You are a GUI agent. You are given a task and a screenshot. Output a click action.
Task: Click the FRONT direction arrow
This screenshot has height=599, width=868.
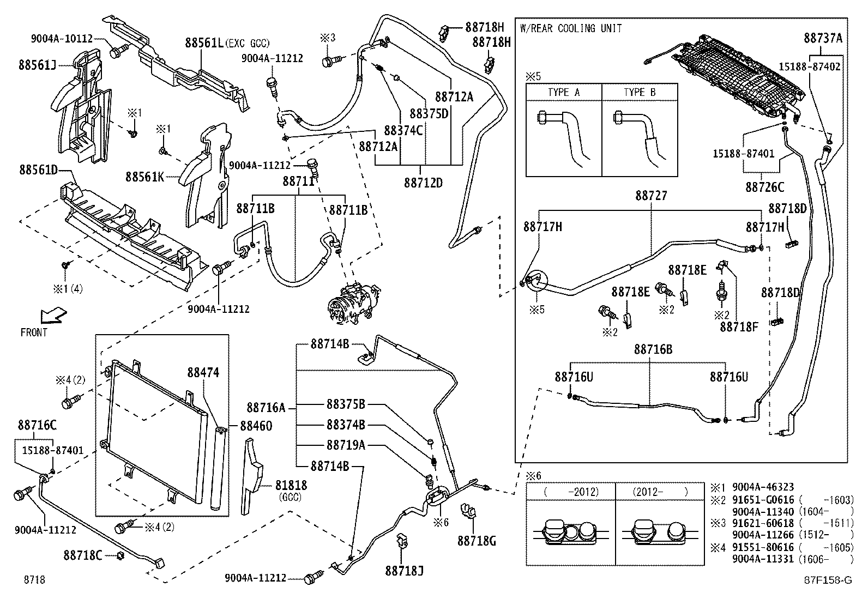coord(53,315)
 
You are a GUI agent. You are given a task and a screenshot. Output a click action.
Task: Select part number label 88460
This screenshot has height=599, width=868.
coord(256,426)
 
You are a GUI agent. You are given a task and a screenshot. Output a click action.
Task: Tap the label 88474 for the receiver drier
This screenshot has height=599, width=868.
coord(203,372)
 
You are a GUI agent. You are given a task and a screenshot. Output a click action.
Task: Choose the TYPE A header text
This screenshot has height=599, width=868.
coord(564,92)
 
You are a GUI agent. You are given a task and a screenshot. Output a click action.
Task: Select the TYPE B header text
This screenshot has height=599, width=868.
coord(640,92)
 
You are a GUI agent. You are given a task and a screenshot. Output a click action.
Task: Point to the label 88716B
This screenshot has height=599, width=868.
coord(653,349)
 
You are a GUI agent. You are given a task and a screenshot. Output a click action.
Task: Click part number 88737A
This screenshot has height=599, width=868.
coord(823,38)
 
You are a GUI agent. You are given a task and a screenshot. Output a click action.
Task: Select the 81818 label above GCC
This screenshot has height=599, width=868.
coord(291,485)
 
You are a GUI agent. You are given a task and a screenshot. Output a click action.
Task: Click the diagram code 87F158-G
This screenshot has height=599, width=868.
coord(827,580)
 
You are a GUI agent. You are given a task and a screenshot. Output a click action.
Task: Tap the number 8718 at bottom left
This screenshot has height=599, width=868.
coord(34,579)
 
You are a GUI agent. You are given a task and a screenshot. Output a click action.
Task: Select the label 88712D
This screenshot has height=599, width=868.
coord(423,183)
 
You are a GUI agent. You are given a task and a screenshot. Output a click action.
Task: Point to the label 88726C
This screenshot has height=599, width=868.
coord(764,187)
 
